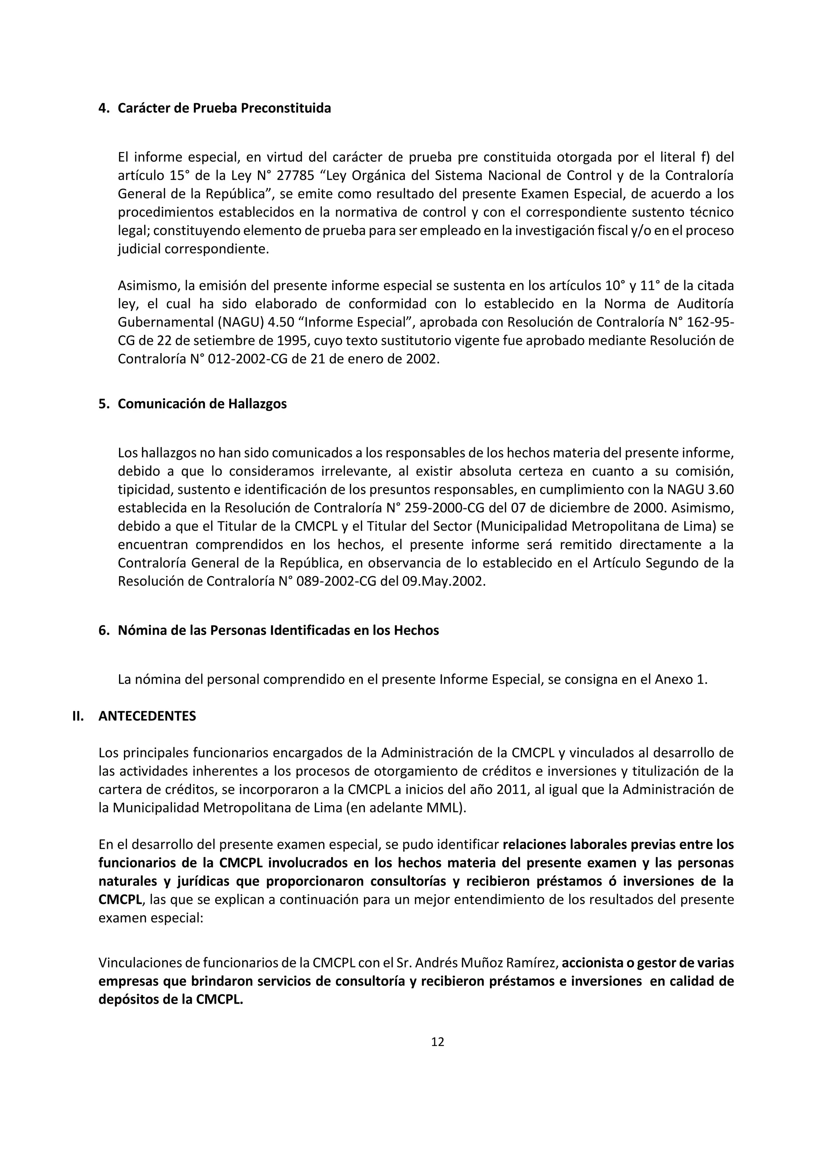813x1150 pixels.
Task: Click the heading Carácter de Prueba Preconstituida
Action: click(224, 108)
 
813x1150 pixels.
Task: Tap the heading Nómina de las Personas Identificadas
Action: click(278, 630)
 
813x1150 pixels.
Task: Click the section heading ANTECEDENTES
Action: click(147, 716)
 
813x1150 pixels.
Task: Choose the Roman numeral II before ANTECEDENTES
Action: click(78, 716)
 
